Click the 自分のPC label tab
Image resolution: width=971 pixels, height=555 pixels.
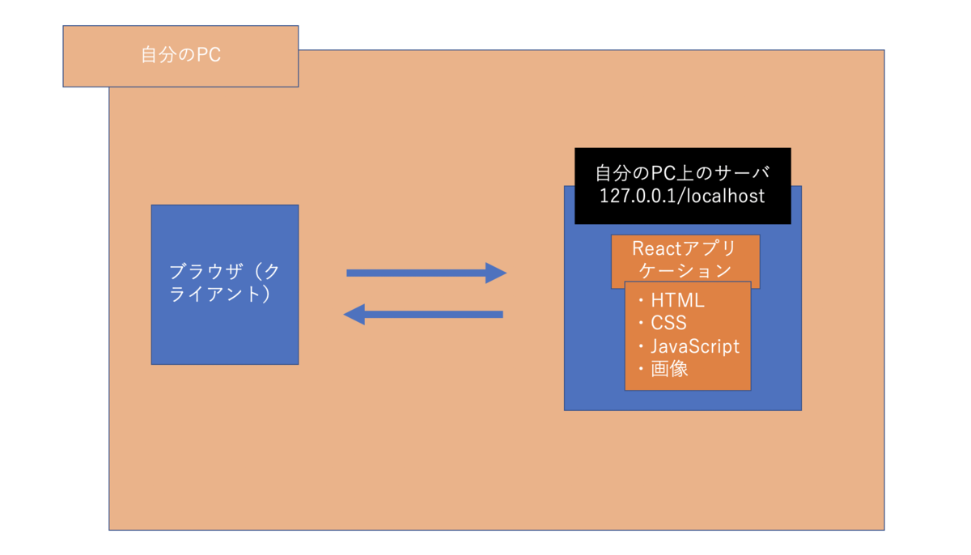(180, 56)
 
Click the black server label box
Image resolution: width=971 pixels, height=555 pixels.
(682, 185)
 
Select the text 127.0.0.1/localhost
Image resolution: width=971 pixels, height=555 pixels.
(682, 197)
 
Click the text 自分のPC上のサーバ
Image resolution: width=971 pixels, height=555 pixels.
(682, 173)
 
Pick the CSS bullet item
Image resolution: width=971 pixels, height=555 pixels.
(668, 323)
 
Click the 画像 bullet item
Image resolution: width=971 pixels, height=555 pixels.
(668, 370)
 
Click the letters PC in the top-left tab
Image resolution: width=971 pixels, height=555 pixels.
(209, 56)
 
